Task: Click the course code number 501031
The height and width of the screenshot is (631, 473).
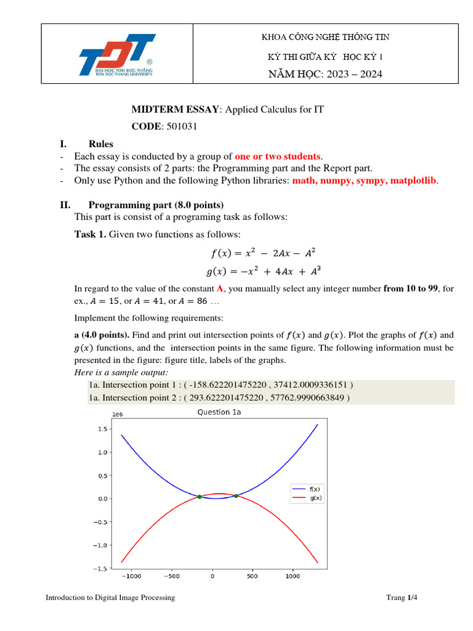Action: (185, 126)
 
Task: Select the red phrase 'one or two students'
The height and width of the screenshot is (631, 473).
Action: (278, 157)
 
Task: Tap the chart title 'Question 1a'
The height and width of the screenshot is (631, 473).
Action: (219, 413)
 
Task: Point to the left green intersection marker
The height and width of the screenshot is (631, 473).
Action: (199, 497)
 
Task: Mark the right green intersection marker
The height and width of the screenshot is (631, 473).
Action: (236, 495)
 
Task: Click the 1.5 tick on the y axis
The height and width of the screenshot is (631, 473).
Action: (103, 429)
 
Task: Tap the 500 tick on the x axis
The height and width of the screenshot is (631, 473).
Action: (253, 577)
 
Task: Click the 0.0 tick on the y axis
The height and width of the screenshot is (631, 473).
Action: (103, 499)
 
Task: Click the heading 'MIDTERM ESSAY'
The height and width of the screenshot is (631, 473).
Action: (175, 110)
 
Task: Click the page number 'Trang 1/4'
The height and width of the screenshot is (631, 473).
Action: (402, 598)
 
